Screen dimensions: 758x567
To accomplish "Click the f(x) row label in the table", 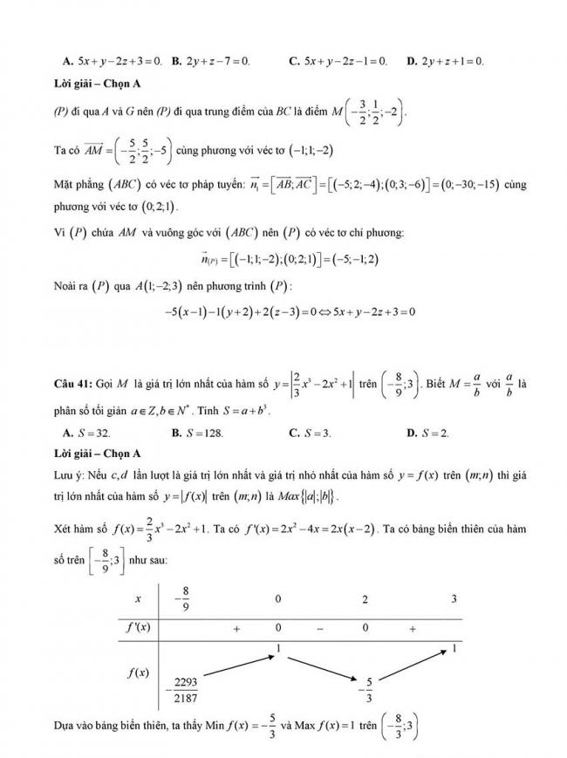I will pyautogui.click(x=135, y=673).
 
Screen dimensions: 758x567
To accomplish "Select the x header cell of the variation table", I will pyautogui.click(x=137, y=599).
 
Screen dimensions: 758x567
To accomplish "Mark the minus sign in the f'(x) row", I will pyautogui.click(x=318, y=627).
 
